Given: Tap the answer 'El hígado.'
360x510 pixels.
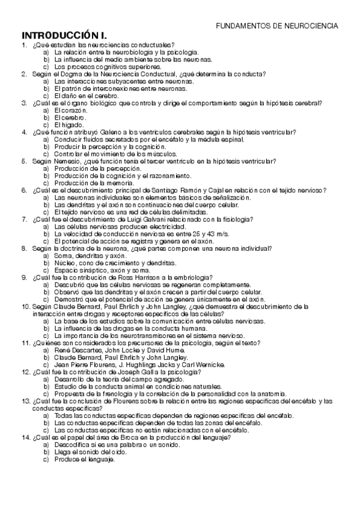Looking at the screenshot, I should tap(67, 124).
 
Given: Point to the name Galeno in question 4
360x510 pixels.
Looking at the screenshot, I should tap(114, 132).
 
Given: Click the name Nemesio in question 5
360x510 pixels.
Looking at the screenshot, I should tap(66, 161).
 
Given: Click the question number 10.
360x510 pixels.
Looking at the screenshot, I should tap(26, 306).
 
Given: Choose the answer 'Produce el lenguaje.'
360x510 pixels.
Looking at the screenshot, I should tap(84, 459).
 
